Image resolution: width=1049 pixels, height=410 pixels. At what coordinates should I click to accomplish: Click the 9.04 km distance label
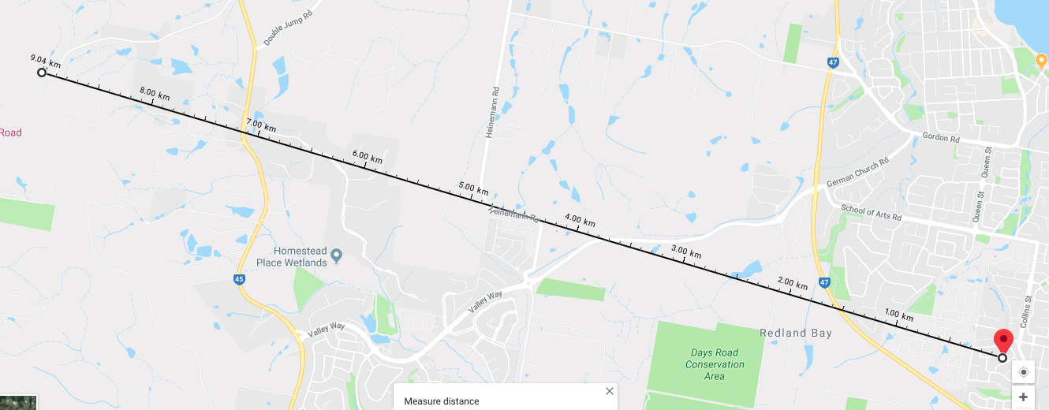point(45,60)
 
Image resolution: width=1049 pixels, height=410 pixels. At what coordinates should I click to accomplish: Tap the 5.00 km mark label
point(473,189)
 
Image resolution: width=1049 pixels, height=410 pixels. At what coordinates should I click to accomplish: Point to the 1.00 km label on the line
point(899,315)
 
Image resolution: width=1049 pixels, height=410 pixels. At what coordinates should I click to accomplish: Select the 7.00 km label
point(261,125)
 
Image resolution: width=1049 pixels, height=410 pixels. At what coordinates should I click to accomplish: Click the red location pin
point(1003,341)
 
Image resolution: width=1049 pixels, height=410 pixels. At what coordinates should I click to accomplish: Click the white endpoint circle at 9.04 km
point(42,73)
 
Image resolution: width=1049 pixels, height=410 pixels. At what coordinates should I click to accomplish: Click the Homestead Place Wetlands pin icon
point(337,255)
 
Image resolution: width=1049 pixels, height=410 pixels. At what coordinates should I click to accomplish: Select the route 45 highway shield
point(239,278)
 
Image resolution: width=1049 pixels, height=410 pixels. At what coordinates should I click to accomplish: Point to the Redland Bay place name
point(795,334)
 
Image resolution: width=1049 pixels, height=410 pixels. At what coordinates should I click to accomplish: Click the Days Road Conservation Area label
point(715,364)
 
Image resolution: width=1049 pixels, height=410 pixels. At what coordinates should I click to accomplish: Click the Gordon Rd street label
point(940,138)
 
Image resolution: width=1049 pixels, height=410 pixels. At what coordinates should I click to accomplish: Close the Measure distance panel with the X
point(609,391)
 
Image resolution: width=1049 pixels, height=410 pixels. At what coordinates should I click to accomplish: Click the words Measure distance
point(441,401)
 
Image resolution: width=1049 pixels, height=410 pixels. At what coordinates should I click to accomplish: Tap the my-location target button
point(1024,372)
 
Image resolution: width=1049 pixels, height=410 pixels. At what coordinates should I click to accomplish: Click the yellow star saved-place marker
point(1040,61)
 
